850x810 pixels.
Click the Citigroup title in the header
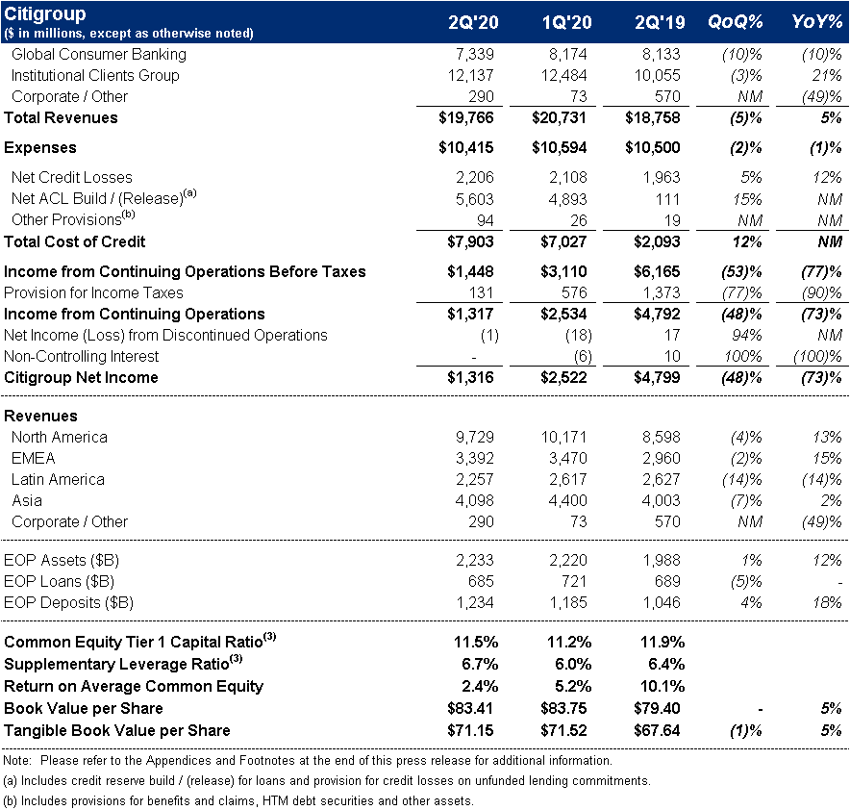click(45, 14)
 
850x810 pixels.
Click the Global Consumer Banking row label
click(99, 54)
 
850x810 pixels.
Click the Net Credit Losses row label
click(72, 177)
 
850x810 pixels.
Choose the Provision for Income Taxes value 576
click(574, 292)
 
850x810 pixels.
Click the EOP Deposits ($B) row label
click(68, 602)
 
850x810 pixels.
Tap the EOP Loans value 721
click(574, 581)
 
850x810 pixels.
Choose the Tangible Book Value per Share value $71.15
click(471, 728)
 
